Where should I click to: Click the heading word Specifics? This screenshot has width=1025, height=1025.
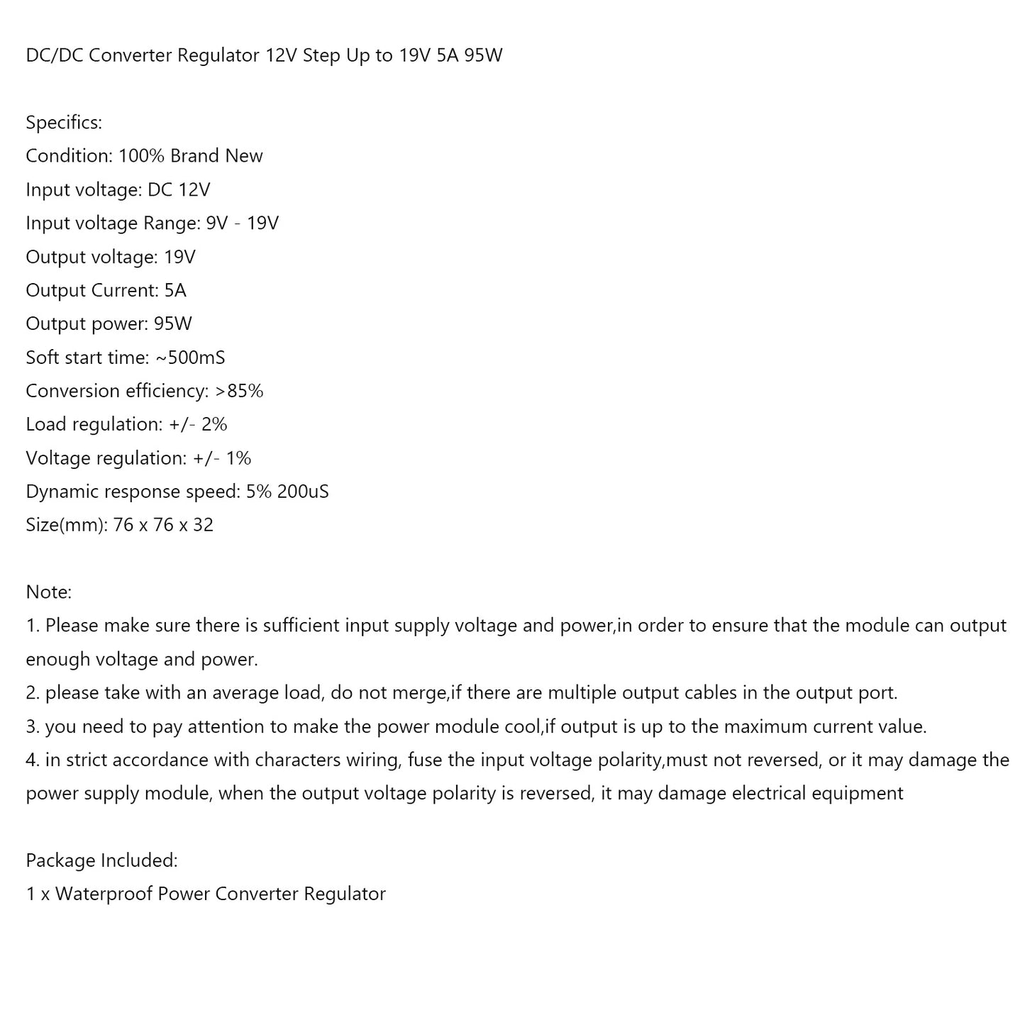click(x=64, y=123)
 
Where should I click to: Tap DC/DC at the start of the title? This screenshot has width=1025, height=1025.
click(x=54, y=55)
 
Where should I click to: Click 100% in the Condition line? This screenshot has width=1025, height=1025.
click(x=141, y=156)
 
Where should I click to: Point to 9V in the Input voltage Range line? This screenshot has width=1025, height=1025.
click(x=217, y=223)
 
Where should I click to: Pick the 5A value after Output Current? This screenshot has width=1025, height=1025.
click(x=174, y=290)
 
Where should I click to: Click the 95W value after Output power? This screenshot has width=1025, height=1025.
click(x=173, y=324)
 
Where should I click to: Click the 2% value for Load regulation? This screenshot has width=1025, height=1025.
click(x=214, y=424)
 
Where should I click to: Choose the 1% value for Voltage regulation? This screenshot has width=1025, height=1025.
click(x=238, y=458)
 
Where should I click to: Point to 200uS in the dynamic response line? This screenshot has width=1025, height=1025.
click(x=303, y=492)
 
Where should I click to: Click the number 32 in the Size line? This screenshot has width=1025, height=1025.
click(x=203, y=525)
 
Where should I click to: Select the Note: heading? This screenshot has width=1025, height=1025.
click(x=49, y=592)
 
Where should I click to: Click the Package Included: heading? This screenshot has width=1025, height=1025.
click(x=101, y=860)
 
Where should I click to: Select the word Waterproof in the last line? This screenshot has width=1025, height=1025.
click(x=104, y=894)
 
